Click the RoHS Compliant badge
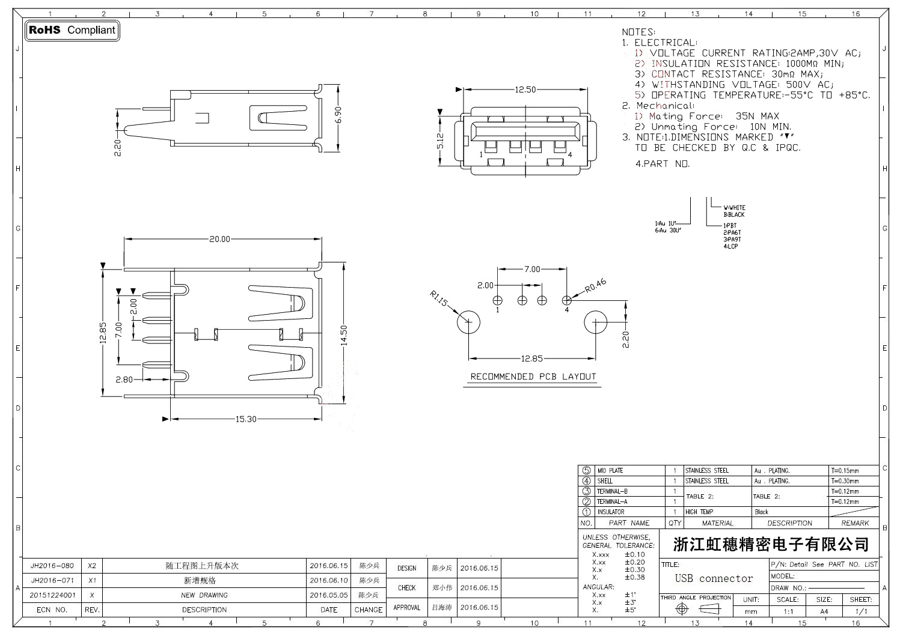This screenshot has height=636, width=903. point(72,30)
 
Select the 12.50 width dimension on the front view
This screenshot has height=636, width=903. point(525,89)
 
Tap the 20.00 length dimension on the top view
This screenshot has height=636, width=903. point(219,239)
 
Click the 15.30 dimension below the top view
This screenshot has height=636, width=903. point(246,419)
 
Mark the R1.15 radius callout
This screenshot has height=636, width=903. point(439,298)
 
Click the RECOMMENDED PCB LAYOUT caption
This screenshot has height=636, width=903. point(533,377)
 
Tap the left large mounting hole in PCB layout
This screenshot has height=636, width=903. point(468,323)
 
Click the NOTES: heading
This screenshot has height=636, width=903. point(638,32)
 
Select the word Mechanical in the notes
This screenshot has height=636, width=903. point(664,106)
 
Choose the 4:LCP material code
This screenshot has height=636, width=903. point(730,247)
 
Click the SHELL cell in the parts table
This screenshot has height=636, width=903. point(605,481)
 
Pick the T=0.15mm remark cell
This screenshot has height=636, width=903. point(845,471)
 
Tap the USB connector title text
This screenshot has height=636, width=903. point(714,578)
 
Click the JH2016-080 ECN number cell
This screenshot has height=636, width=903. point(52,566)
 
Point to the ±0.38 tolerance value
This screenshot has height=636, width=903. point(634,577)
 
